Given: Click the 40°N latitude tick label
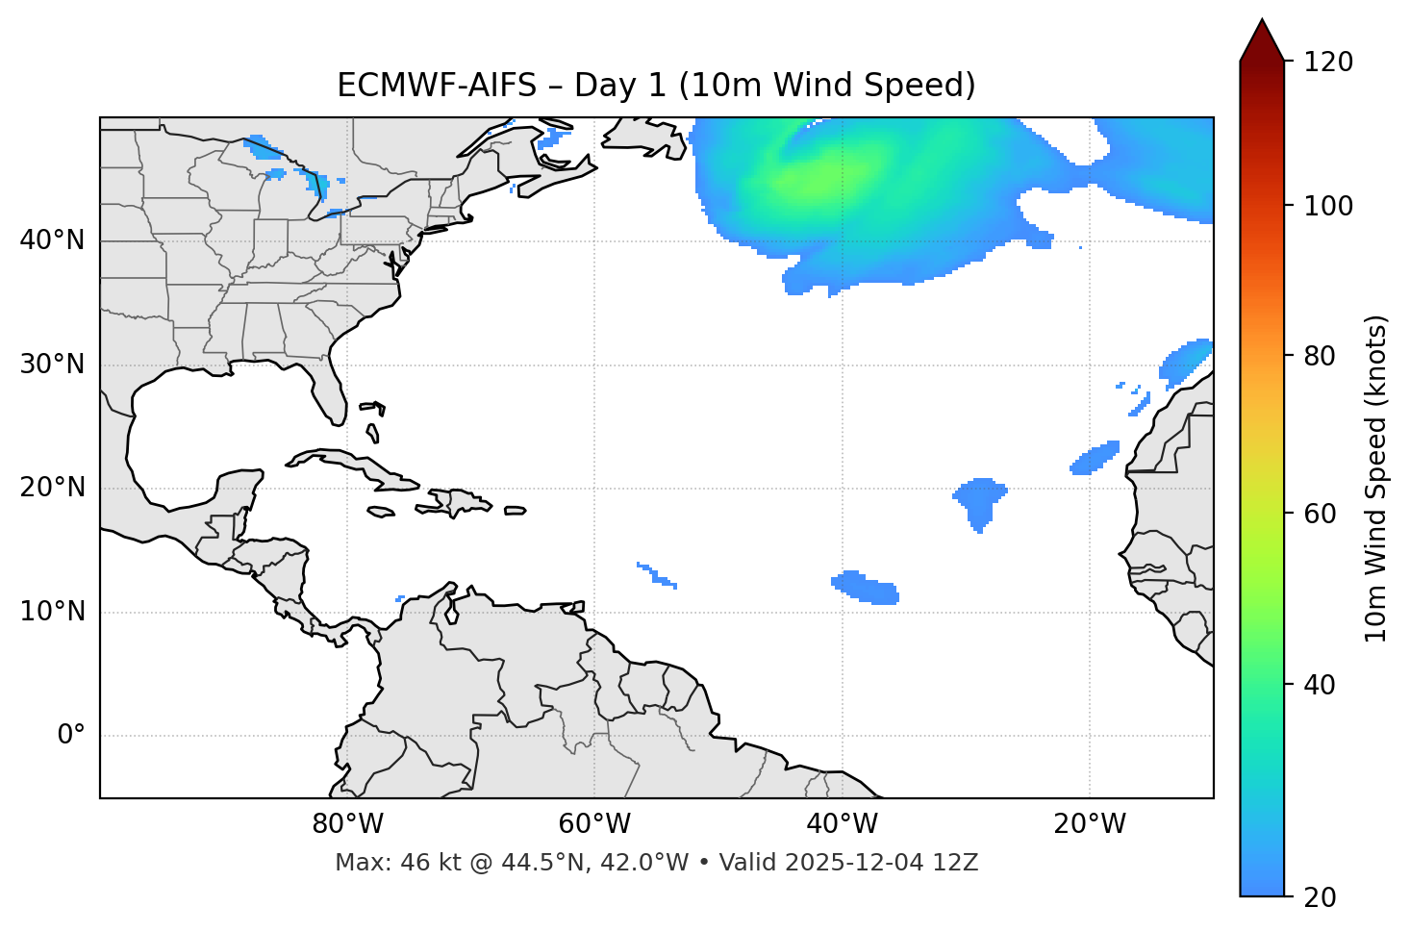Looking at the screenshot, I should pyautogui.click(x=52, y=240).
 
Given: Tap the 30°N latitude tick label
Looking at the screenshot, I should pyautogui.click(x=52, y=365).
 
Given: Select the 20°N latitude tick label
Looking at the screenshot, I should pyautogui.click(x=52, y=488).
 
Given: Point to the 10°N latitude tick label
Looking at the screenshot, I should pyautogui.click(x=52, y=612).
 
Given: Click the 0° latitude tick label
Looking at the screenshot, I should pyautogui.click(x=70, y=736).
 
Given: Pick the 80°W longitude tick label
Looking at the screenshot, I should pyautogui.click(x=347, y=824).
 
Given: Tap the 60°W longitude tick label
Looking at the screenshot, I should pyautogui.click(x=594, y=824).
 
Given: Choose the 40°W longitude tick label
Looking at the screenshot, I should pyautogui.click(x=842, y=824).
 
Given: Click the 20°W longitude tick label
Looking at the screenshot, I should pyautogui.click(x=1090, y=824).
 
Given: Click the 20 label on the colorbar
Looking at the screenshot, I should pyautogui.click(x=1320, y=897).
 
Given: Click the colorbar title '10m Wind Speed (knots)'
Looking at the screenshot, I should pyautogui.click(x=1376, y=479).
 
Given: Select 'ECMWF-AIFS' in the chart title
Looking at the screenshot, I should pyautogui.click(x=437, y=86).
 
